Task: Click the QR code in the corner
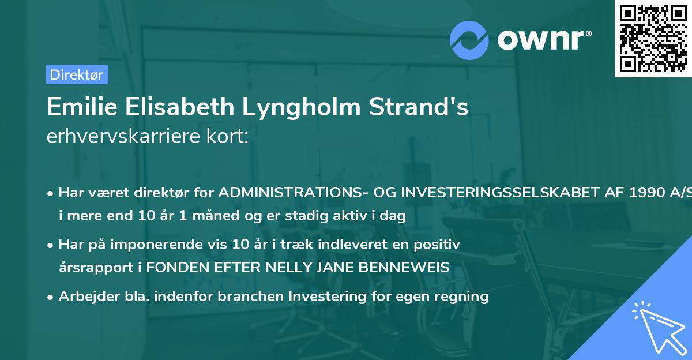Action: pyautogui.click(x=653, y=38)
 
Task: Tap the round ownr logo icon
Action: pyautogui.click(x=469, y=40)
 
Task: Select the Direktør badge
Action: pyautogui.click(x=77, y=74)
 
